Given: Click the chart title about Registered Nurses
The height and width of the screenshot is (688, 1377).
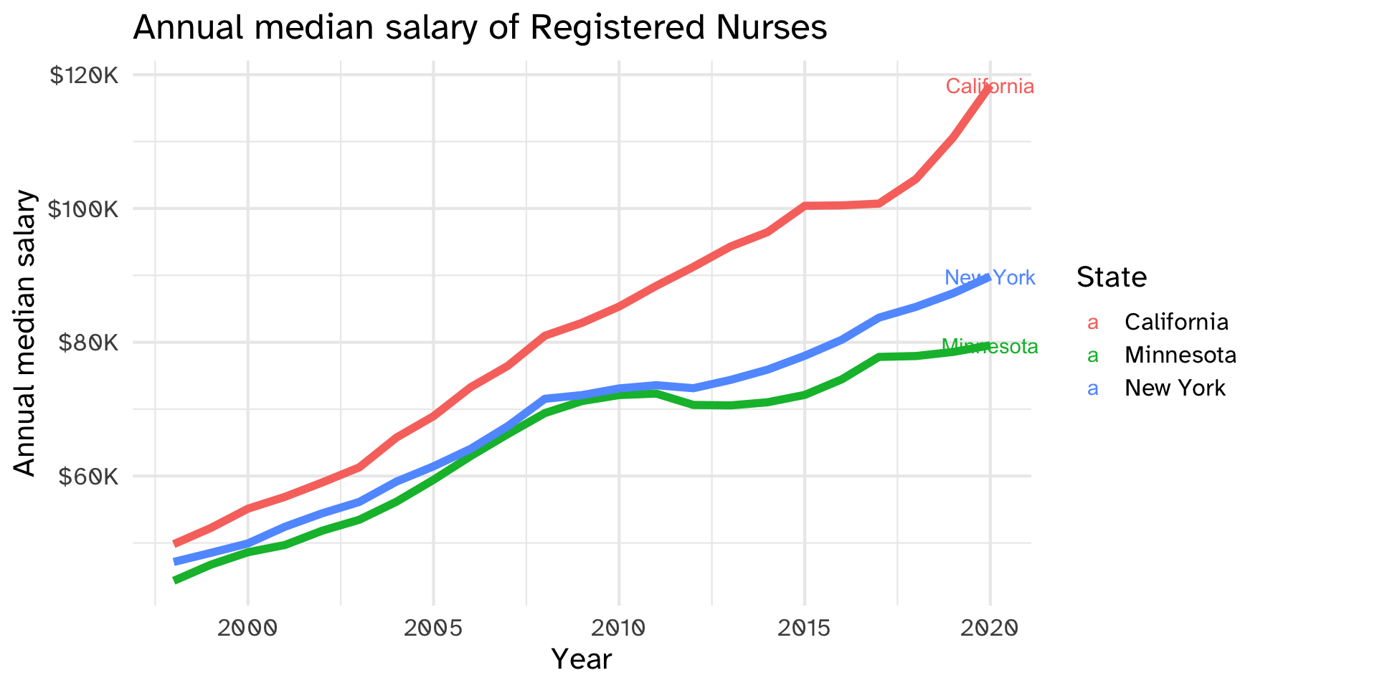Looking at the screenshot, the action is [480, 28].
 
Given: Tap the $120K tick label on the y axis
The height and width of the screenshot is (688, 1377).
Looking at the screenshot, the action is [83, 75].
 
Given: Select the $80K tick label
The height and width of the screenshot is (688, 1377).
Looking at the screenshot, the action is [88, 343].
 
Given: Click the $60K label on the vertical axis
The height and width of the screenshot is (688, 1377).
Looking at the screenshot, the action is [88, 476].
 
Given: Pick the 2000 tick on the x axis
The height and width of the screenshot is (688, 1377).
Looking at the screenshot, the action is [247, 629].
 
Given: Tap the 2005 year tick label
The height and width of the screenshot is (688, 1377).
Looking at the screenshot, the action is [433, 629].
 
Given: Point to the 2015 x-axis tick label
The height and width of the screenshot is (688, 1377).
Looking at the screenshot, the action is [805, 629].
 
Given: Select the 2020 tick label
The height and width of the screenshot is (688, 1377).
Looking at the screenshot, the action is [990, 629].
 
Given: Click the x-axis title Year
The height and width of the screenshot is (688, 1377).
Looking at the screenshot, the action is [582, 659].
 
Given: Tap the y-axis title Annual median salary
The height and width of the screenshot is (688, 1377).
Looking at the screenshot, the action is [25, 333].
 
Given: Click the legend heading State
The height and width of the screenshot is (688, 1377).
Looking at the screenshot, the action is [1112, 277].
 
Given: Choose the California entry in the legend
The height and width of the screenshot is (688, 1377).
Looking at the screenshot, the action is [1176, 322].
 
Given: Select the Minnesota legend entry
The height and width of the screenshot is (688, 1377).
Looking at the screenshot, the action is [1180, 355].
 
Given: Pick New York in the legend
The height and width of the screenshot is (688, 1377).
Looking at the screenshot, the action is [1175, 388].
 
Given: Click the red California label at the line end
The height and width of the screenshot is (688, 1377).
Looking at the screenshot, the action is [990, 87].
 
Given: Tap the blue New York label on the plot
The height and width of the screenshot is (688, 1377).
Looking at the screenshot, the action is [990, 277].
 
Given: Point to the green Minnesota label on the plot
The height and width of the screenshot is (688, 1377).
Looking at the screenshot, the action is [990, 347].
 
